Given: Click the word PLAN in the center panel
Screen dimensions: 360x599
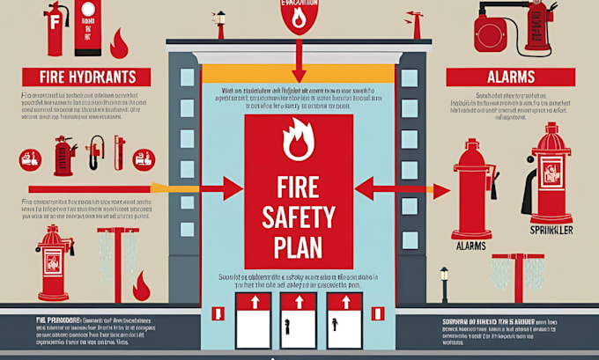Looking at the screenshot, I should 298,242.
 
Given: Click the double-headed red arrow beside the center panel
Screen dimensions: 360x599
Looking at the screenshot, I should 397,187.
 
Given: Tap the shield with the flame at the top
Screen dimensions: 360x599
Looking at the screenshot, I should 298,18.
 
